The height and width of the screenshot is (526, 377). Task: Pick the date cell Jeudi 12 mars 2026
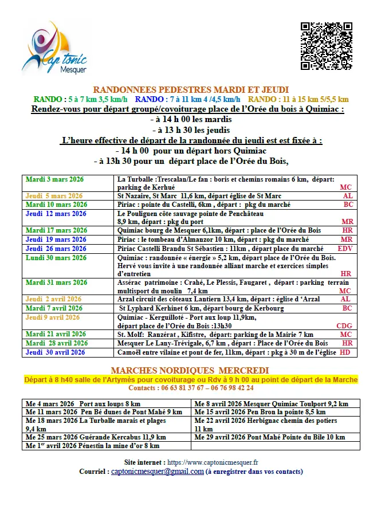pyautogui.click(x=56, y=214)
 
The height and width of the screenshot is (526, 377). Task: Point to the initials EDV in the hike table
pyautogui.click(x=345, y=249)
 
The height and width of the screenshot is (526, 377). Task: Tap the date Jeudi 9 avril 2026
pyautogui.click(x=53, y=317)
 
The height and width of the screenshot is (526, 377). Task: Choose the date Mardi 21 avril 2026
pyautogui.click(x=56, y=334)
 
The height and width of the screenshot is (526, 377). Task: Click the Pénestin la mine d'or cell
pyautogui.click(x=92, y=445)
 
